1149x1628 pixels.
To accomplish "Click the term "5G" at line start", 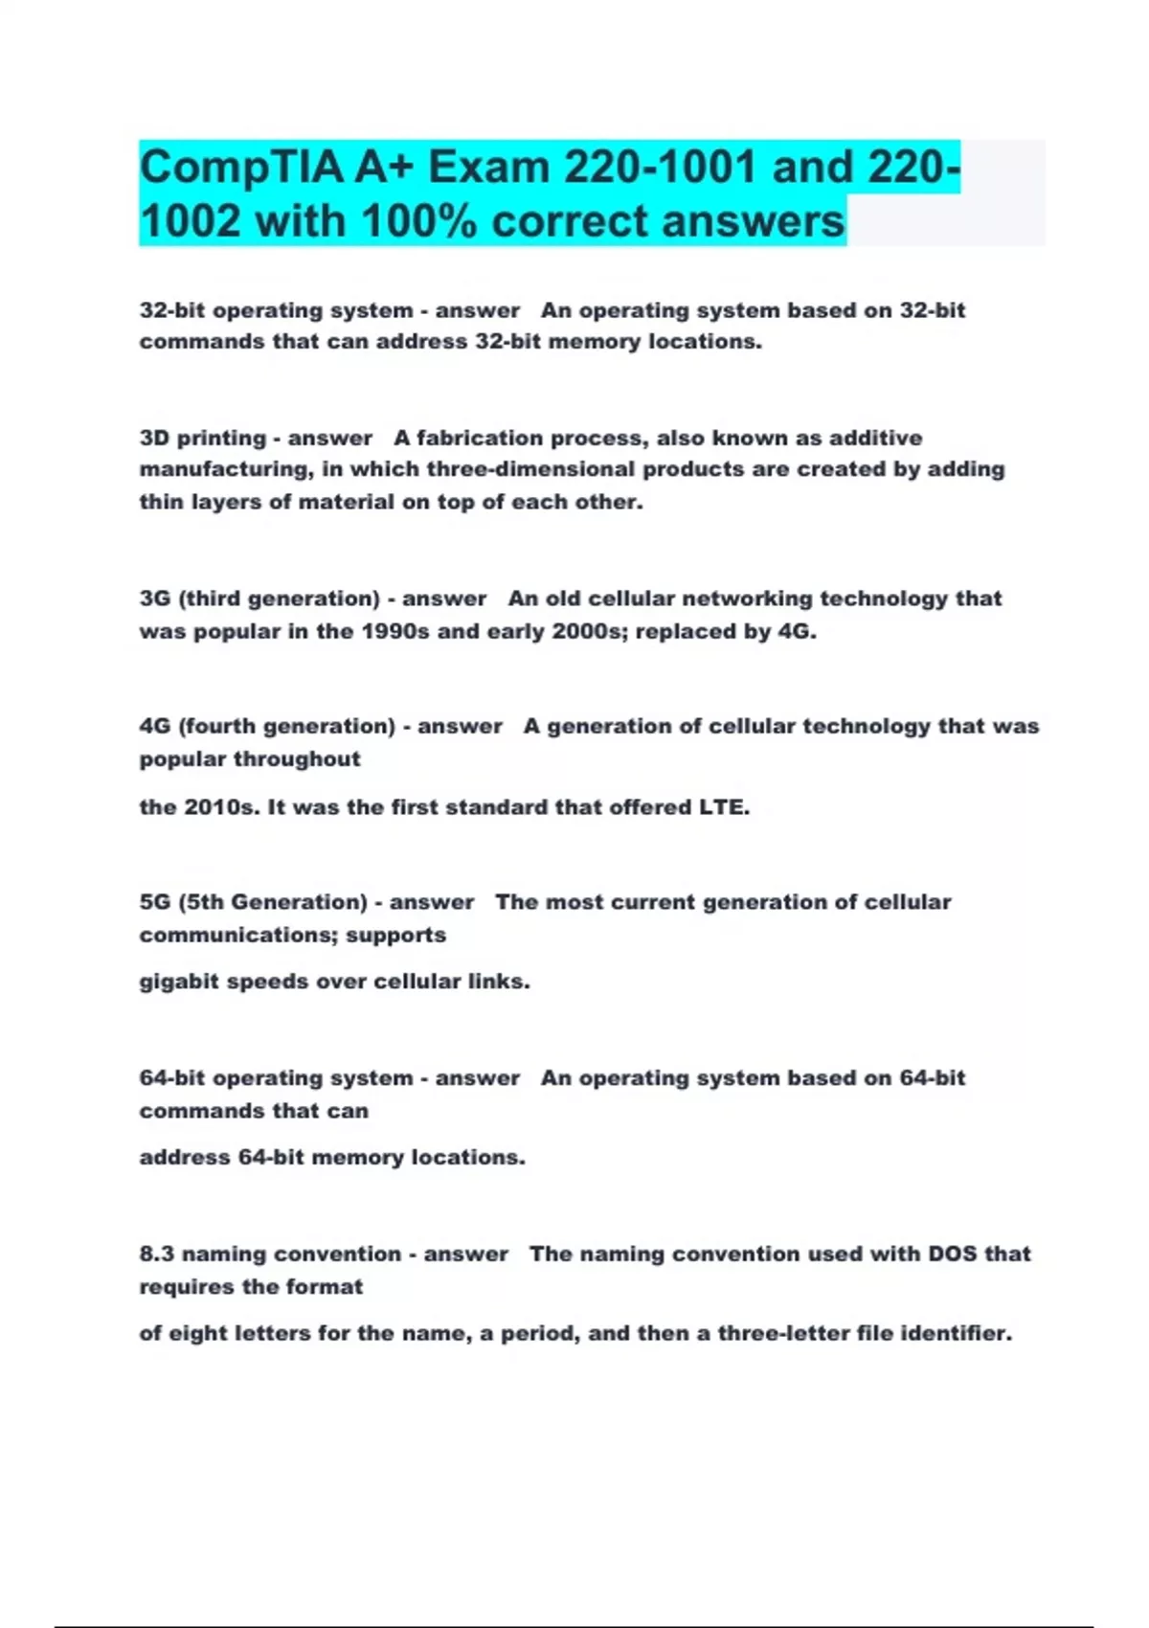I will [x=155, y=902].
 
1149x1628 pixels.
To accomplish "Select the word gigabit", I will [x=178, y=982].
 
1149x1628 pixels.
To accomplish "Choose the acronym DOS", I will [x=951, y=1255].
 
